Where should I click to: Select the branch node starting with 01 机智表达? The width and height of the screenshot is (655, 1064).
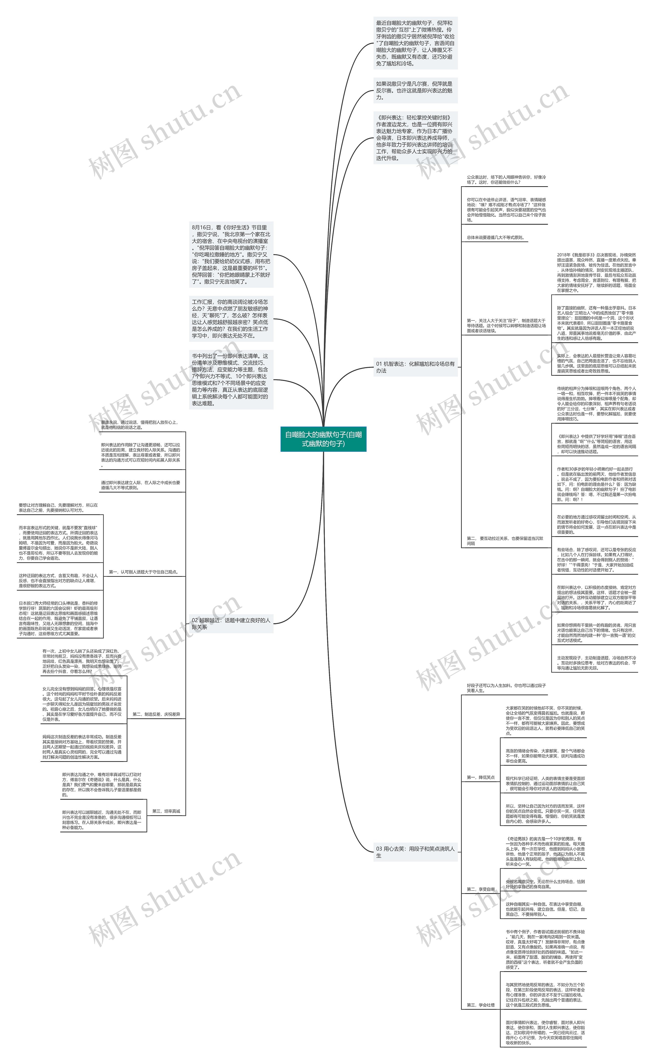click(x=415, y=367)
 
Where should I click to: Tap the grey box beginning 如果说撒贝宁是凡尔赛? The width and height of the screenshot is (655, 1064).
click(x=415, y=91)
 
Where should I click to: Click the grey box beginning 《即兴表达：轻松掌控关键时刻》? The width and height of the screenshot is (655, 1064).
click(x=415, y=137)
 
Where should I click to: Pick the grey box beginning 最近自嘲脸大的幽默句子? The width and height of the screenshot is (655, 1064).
click(x=415, y=43)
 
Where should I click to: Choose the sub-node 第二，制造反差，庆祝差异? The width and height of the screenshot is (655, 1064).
click(x=156, y=714)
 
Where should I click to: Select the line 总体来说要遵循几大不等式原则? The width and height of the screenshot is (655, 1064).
click(x=495, y=238)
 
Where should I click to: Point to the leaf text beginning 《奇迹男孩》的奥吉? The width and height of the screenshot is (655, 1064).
click(x=545, y=851)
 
